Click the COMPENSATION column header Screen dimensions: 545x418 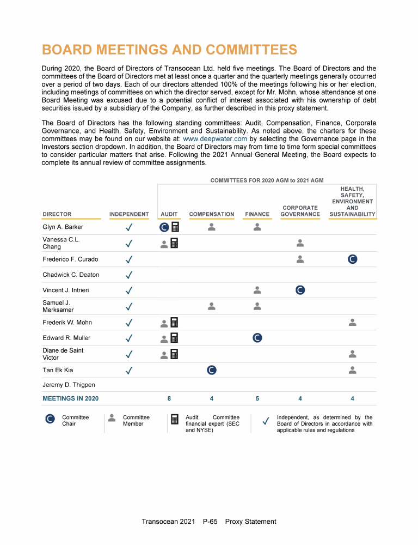click(x=212, y=214)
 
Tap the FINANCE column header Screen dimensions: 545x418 click(x=257, y=214)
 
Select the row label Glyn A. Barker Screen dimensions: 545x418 click(x=63, y=227)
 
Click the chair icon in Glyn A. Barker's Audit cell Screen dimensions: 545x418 click(x=164, y=227)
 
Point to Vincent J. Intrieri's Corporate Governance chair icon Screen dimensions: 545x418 click(x=300, y=290)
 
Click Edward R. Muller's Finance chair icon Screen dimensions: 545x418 click(x=257, y=338)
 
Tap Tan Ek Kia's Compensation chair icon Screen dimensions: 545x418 click(x=212, y=371)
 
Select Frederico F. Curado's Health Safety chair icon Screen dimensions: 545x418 click(x=352, y=259)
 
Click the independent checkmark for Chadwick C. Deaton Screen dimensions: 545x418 click(x=129, y=275)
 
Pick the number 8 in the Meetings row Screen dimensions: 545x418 click(x=169, y=398)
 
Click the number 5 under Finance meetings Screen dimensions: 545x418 click(x=257, y=398)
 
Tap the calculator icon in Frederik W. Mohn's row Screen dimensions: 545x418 click(x=175, y=323)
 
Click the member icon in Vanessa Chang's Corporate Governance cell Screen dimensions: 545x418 click(x=300, y=243)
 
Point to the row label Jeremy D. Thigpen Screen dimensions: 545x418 click(x=69, y=385)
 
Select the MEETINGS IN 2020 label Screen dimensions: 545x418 click(x=71, y=398)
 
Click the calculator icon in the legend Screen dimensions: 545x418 click(x=175, y=419)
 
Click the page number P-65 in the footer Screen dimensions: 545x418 click(x=210, y=522)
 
